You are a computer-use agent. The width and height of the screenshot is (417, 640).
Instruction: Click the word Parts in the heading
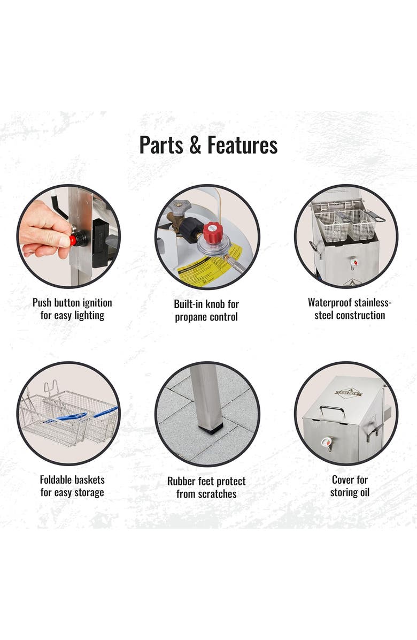click(x=161, y=145)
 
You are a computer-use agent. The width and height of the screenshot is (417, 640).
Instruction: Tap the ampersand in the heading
click(x=195, y=146)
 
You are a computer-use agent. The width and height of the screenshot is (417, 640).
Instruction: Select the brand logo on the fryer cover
click(x=349, y=393)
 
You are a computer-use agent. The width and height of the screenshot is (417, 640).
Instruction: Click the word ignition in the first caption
click(x=97, y=303)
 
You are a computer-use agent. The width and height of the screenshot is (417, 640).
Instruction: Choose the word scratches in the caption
click(x=217, y=494)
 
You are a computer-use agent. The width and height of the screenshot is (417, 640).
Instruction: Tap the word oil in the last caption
click(x=364, y=492)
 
